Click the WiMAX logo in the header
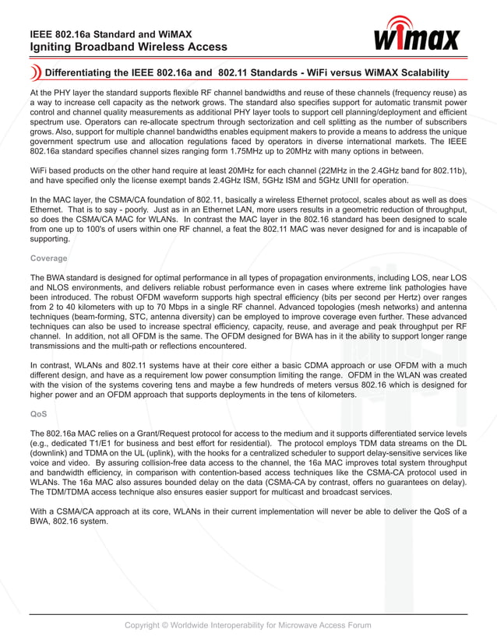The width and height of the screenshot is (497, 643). coord(418,36)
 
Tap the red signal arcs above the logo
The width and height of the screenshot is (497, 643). coord(404,21)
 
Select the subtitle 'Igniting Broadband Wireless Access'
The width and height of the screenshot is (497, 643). coord(129,47)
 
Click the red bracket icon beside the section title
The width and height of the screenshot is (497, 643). coord(36,73)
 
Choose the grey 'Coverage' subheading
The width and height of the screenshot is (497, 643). coord(48,258)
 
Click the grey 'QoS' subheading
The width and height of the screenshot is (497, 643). coord(39,414)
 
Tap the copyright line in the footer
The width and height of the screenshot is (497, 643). coord(248,625)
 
